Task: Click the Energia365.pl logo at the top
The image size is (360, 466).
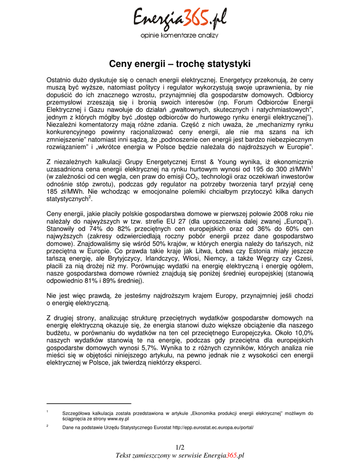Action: click(179, 20)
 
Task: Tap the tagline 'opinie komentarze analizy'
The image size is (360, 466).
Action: click(179, 35)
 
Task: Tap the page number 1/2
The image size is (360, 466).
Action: click(179, 447)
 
